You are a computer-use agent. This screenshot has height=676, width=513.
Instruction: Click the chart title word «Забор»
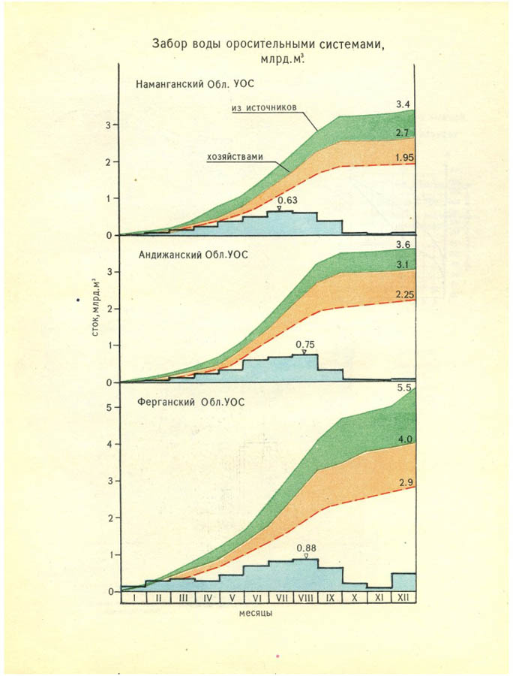171,43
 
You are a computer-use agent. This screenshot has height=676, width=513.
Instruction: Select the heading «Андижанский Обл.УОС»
193,255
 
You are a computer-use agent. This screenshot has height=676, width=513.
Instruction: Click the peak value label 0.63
287,200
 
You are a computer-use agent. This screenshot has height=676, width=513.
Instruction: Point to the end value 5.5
404,388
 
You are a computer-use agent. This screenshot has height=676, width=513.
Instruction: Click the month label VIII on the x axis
306,597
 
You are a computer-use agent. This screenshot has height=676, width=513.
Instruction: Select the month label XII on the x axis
403,597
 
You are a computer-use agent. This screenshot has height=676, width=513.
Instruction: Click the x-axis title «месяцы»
256,613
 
